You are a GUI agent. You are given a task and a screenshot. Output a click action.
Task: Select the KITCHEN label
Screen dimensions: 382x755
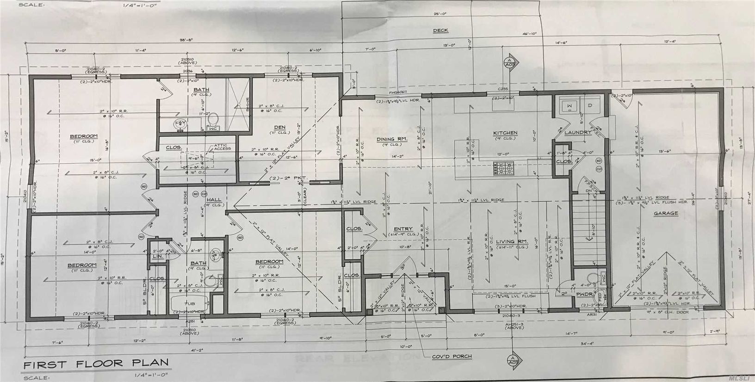pos(505,133)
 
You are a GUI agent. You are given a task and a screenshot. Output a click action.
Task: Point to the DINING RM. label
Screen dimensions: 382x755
pos(391,139)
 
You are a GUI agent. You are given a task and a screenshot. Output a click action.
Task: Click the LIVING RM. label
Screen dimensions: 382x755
pos(505,241)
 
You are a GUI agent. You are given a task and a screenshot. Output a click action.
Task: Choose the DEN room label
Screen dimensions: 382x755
pos(279,127)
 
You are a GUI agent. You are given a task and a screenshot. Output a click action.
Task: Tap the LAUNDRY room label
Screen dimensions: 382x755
pos(578,132)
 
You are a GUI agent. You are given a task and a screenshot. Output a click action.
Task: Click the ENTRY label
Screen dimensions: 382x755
pos(402,229)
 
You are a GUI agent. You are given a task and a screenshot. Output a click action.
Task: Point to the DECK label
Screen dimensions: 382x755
pos(440,31)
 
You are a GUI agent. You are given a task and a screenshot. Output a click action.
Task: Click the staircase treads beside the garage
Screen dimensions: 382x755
pos(588,231)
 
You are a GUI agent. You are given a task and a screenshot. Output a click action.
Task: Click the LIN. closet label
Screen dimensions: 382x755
pos(157,255)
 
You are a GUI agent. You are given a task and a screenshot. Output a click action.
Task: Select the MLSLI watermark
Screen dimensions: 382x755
pos(739,377)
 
